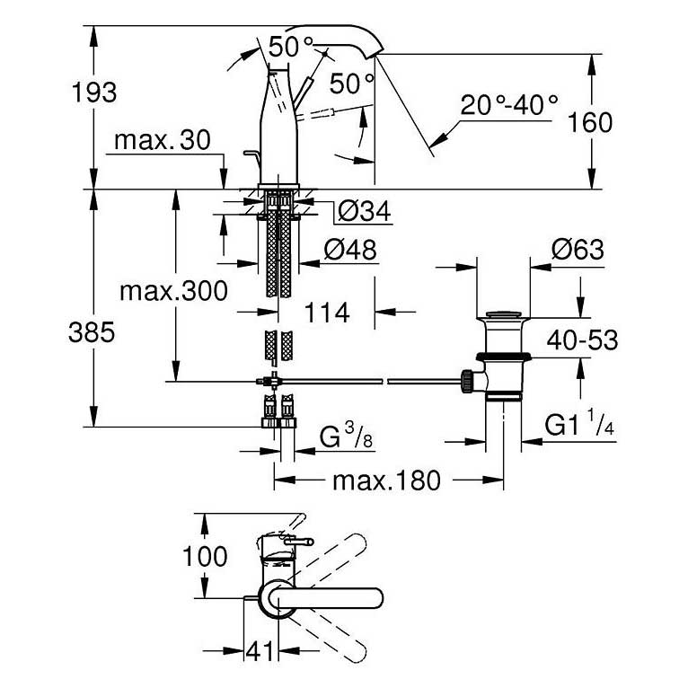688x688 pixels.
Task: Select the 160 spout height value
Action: [589, 121]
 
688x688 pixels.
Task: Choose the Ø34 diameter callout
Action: [363, 212]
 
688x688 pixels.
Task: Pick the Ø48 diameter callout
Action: [349, 249]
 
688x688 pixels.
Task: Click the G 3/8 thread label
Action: [346, 439]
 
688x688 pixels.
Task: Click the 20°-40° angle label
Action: [509, 105]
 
